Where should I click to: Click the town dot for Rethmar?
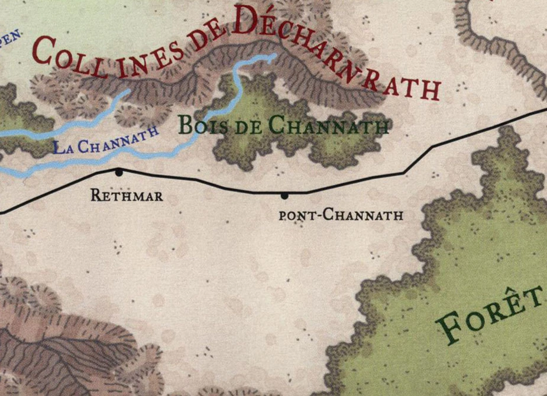point(119,172)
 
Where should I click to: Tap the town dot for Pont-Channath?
point(284,195)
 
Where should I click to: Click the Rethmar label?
point(127,195)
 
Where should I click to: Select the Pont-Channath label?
point(341,215)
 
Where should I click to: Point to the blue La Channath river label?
point(106,140)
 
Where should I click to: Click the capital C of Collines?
point(45,52)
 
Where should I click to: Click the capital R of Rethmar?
point(95,195)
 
